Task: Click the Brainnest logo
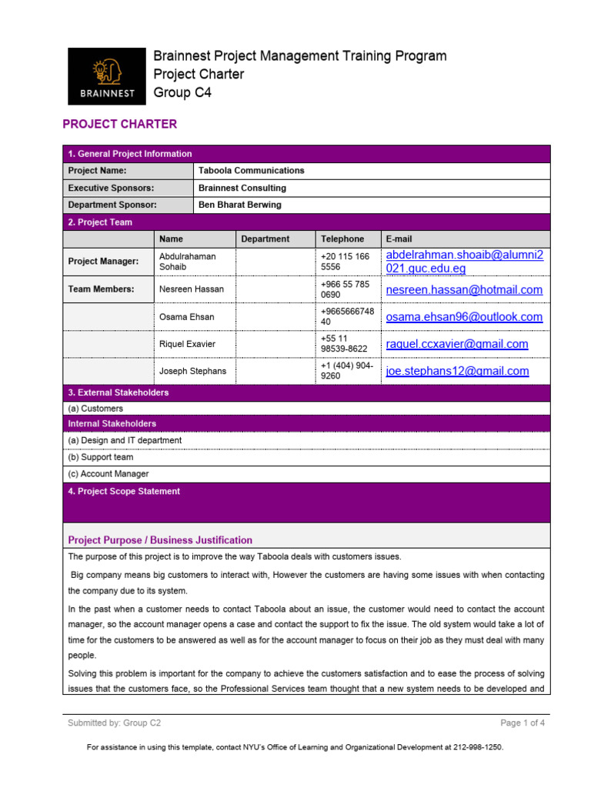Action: (x=106, y=75)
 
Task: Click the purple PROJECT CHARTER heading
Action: (x=119, y=124)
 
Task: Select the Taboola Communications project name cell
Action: (x=251, y=171)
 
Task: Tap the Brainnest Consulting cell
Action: (x=242, y=188)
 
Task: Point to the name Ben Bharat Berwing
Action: (x=239, y=205)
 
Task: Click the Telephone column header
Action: (x=342, y=239)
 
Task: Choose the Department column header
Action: (x=265, y=239)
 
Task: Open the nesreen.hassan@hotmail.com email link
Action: (x=464, y=290)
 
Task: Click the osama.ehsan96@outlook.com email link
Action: (x=464, y=317)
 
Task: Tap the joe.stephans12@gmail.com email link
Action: (x=457, y=371)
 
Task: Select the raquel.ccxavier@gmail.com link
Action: (x=457, y=344)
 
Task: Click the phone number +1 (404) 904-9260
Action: (x=346, y=371)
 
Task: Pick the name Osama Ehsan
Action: (x=186, y=317)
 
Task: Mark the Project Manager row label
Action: (x=103, y=262)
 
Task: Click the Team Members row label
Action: (x=101, y=289)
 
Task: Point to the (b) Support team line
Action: (x=101, y=457)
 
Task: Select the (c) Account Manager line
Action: (x=109, y=474)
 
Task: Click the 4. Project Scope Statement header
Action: (x=124, y=491)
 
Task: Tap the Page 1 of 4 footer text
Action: (x=523, y=723)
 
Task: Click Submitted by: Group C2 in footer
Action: (x=114, y=723)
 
